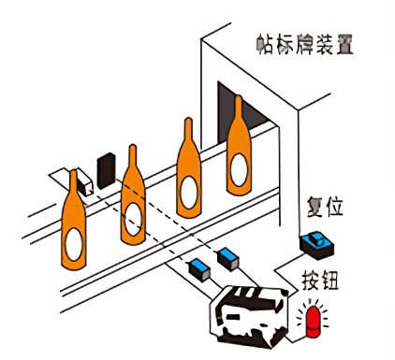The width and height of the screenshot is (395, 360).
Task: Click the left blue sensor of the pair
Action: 198,271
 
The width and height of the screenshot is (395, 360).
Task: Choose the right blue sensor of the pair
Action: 227,255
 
